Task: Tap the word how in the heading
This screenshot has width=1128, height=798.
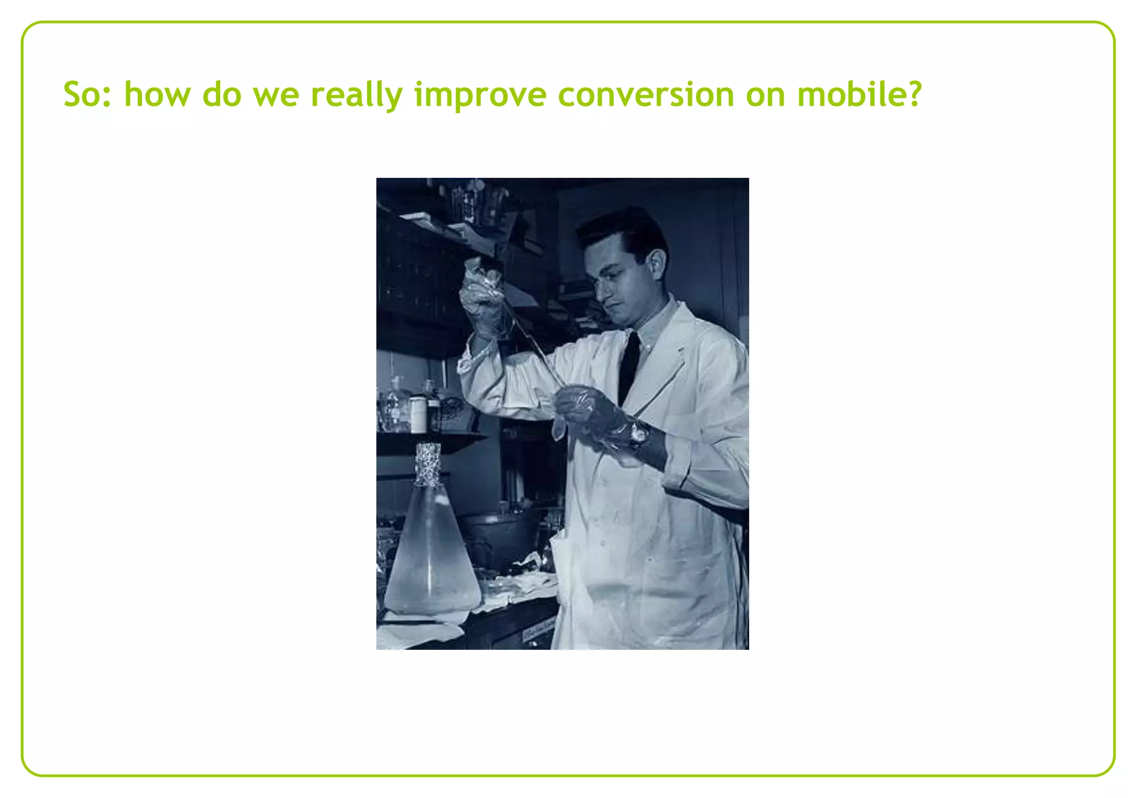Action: (156, 94)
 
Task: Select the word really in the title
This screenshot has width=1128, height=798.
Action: (357, 94)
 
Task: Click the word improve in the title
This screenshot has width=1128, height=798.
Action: (480, 94)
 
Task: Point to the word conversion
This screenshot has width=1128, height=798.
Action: (646, 94)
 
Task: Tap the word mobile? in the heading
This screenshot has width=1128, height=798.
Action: (858, 94)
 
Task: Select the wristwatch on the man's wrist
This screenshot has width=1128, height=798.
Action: (639, 434)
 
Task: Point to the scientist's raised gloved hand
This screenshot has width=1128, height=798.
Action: (485, 300)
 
